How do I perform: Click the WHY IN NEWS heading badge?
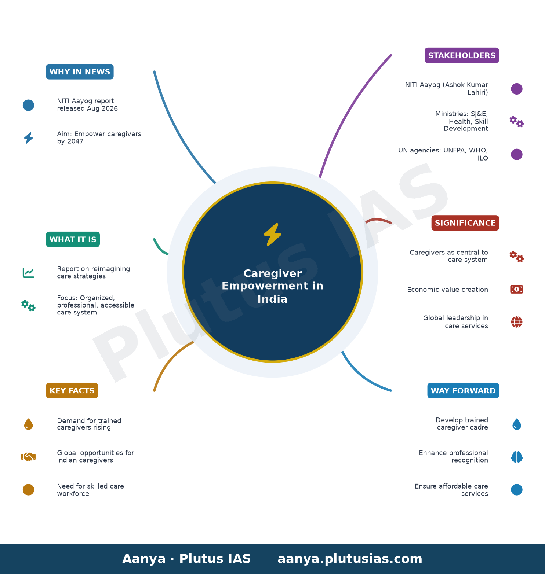(80, 72)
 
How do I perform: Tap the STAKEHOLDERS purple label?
(462, 55)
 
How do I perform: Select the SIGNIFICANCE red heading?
(465, 223)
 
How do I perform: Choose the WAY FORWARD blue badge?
(463, 391)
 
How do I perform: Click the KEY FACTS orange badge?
(72, 391)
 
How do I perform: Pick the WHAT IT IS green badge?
(73, 239)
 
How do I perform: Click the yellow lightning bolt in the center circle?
(272, 235)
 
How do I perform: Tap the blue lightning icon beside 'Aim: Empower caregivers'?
(28, 138)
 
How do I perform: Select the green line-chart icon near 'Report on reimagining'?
(28, 273)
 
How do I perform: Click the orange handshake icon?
(28, 457)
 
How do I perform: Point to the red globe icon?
(517, 322)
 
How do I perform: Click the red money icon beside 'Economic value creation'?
(517, 290)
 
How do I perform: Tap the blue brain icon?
(517, 457)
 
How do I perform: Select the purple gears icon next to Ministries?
(517, 122)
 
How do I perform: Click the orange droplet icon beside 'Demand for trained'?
(28, 424)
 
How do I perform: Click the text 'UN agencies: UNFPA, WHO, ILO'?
(443, 154)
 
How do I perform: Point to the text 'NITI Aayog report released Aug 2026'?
(87, 105)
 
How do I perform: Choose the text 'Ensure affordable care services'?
(451, 490)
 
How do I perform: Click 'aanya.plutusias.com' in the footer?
(350, 559)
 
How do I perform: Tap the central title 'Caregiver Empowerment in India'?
(272, 286)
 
